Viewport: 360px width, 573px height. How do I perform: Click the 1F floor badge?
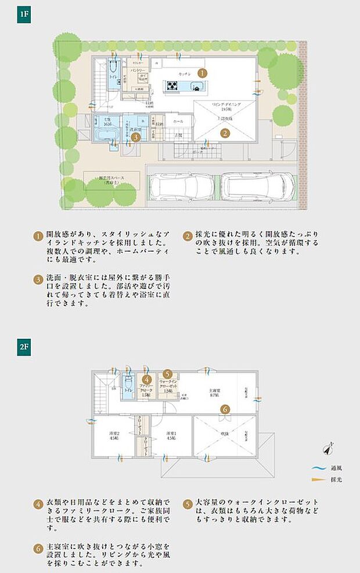pyautogui.click(x=24, y=14)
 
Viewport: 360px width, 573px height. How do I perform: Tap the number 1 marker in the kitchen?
pyautogui.click(x=201, y=73)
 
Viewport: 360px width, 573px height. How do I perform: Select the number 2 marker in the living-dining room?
pyautogui.click(x=224, y=132)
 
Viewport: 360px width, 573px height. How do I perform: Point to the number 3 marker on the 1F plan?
pyautogui.click(x=135, y=137)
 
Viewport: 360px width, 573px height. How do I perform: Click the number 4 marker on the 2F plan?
pyautogui.click(x=146, y=379)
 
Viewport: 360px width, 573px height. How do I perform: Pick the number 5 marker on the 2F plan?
pyautogui.click(x=167, y=374)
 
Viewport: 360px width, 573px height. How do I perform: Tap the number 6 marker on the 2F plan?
pyautogui.click(x=224, y=408)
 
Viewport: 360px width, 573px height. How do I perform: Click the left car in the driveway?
pyautogui.click(x=181, y=187)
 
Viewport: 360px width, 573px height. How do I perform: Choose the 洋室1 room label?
pyautogui.click(x=171, y=435)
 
